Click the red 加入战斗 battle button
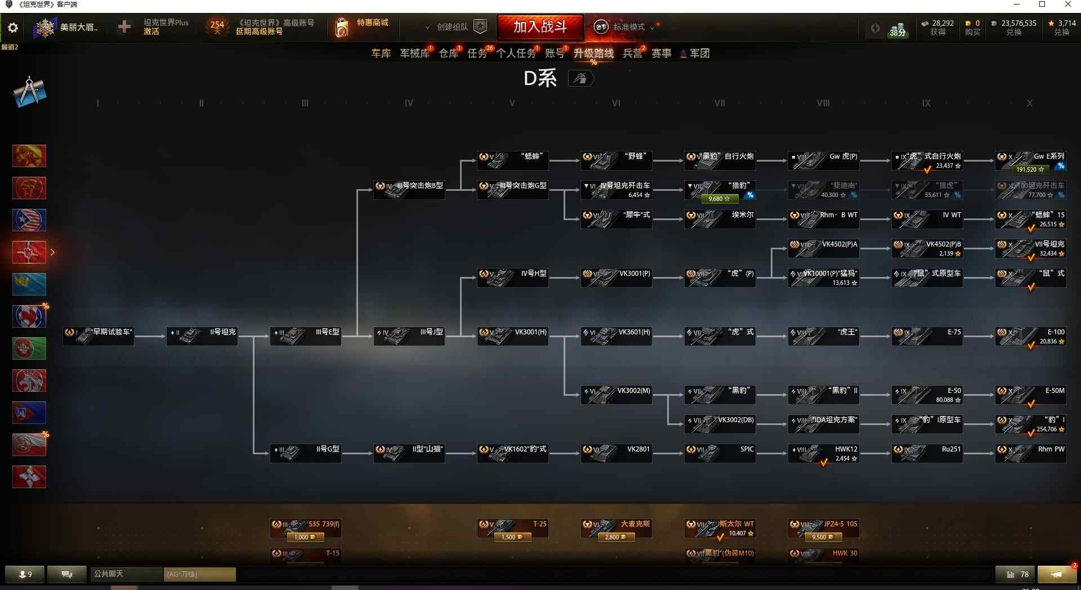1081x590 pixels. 540,26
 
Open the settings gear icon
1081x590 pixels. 12,28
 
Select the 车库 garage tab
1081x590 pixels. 381,53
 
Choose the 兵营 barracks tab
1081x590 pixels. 632,53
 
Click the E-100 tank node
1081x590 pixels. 1030,336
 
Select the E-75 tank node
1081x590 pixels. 927,336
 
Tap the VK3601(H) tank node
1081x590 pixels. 616,336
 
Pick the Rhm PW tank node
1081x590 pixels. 1030,453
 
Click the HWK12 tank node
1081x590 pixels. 823,453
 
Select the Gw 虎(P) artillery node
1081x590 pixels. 823,160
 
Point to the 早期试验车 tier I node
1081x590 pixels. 99,336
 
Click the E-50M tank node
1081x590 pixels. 1030,395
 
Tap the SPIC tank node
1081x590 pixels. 720,453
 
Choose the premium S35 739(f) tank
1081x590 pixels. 305,529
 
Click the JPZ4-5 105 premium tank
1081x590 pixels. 823,529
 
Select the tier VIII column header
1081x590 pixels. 823,103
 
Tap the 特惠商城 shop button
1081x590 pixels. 362,26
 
